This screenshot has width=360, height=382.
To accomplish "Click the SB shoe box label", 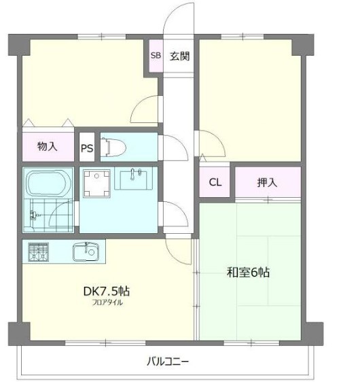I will point(156,56).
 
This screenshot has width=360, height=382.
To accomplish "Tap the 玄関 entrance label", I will point(179,56).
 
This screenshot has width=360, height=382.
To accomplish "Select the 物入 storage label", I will point(47,146).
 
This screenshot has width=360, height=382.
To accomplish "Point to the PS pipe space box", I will point(87,146).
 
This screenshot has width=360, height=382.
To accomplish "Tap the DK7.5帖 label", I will point(107,291).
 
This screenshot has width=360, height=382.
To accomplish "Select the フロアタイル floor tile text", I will point(107,302).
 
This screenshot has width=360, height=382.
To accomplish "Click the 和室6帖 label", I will point(248,273).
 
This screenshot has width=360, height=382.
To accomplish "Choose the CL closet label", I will point(215,182).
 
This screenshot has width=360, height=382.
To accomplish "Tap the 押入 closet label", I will point(267,182).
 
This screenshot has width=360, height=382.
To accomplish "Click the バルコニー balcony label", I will point(168,360).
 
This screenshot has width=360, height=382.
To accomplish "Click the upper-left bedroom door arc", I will point(144,109).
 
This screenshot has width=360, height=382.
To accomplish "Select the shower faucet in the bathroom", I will point(31,217).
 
